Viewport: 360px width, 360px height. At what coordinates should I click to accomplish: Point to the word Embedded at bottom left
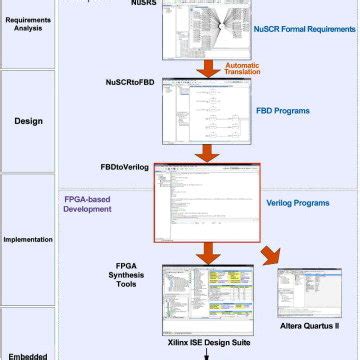(28, 354)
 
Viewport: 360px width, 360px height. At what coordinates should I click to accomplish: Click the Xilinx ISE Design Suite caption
(207, 341)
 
